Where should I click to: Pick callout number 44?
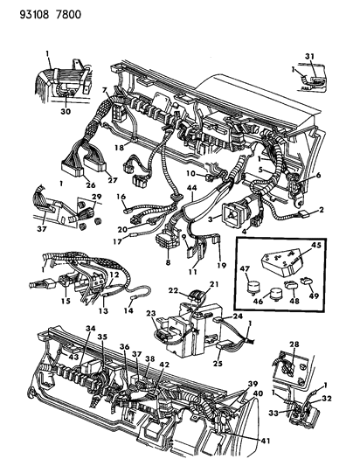tap(190, 189)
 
